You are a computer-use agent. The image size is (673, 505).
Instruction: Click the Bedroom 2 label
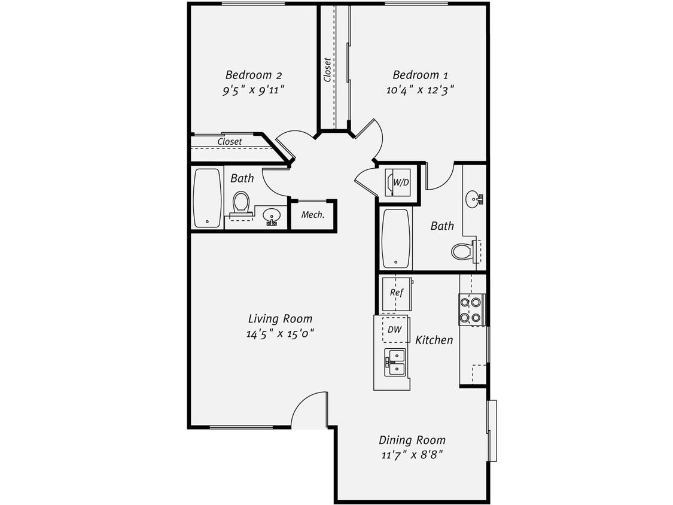click(253, 75)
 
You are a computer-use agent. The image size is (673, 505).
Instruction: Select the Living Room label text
click(280, 319)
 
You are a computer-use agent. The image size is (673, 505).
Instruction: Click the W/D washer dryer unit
click(398, 181)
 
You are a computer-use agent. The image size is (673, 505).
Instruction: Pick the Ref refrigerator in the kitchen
click(397, 293)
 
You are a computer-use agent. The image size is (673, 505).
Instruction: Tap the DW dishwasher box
click(394, 329)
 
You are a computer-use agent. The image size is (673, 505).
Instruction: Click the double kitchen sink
click(395, 361)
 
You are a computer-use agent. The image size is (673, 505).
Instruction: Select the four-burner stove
click(471, 309)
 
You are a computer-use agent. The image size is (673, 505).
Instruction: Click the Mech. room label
click(312, 215)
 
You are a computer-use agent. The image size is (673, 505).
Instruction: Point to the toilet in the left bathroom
click(241, 203)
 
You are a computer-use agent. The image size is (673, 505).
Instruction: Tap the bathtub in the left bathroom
click(208, 197)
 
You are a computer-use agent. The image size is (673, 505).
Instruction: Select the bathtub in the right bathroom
click(396, 239)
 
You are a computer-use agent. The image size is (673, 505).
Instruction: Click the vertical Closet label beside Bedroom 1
click(327, 70)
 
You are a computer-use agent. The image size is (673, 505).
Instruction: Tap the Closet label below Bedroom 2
click(230, 141)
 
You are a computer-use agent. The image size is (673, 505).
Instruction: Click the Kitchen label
click(434, 340)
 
